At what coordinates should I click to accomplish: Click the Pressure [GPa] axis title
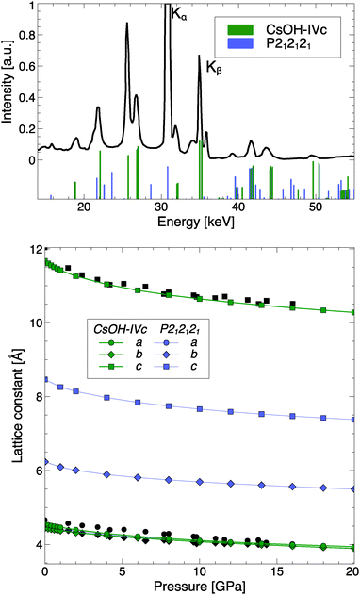tap(197, 586)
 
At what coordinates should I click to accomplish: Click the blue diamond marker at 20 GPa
tap(352, 488)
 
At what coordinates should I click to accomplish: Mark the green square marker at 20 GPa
tap(352, 312)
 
